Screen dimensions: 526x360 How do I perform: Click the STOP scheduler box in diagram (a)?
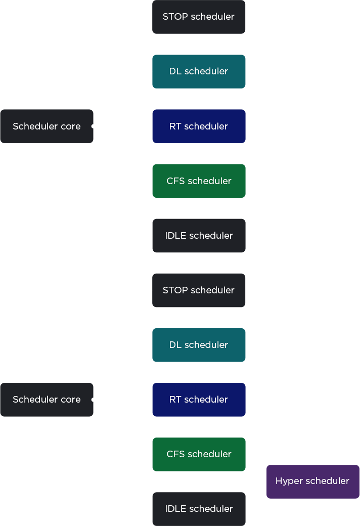(x=199, y=17)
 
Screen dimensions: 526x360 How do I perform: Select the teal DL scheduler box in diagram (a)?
(x=199, y=71)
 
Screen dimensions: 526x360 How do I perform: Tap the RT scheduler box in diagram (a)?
(x=199, y=126)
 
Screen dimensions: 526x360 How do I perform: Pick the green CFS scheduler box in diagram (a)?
(x=199, y=181)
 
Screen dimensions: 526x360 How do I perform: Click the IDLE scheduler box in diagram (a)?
(x=199, y=236)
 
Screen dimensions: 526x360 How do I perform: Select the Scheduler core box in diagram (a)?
(x=47, y=126)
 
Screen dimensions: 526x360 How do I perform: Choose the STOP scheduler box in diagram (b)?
(x=199, y=290)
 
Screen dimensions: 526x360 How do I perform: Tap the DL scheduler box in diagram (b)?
(x=199, y=345)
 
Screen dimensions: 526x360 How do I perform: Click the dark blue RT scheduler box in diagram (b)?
(x=199, y=400)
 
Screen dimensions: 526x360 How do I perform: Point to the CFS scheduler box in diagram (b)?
(x=199, y=454)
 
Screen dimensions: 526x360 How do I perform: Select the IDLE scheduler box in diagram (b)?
(x=199, y=509)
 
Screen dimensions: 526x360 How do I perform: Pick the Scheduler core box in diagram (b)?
(x=47, y=400)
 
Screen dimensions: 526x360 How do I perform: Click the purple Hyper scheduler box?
(x=312, y=481)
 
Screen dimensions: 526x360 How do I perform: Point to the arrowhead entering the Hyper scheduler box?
(x=264, y=481)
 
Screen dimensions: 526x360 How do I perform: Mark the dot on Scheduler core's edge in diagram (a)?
(x=94, y=126)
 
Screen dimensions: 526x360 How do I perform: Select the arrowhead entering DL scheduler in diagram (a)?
(x=150, y=71)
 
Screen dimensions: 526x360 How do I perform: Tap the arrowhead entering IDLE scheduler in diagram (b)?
(x=150, y=509)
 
